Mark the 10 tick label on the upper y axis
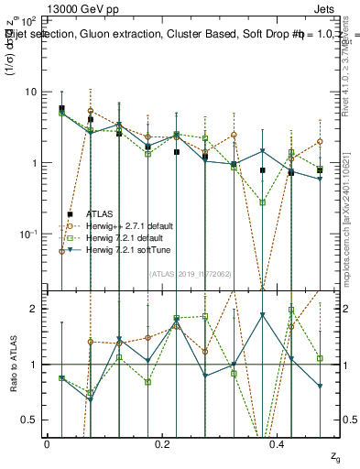coord(30,92)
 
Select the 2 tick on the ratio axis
coord(35,310)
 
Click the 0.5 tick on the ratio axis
coord(31,420)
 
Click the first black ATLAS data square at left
coord(61,108)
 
